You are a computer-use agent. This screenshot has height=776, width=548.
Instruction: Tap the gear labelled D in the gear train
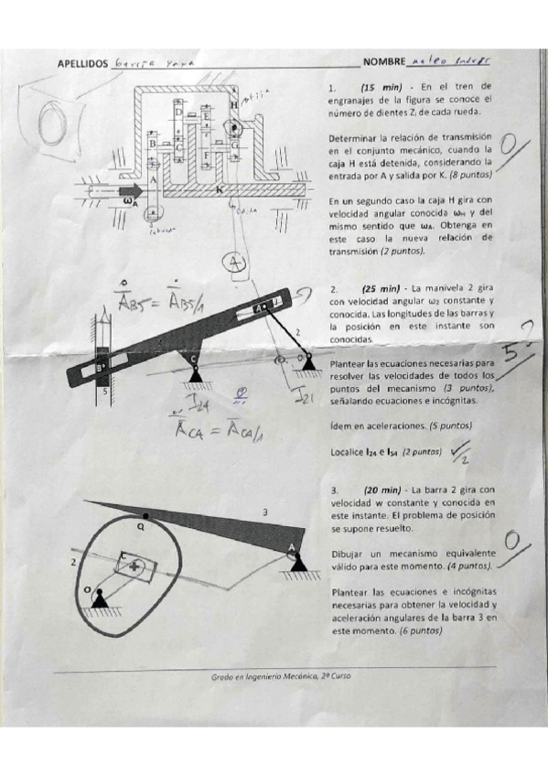[x=179, y=111]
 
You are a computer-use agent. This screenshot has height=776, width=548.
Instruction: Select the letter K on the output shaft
[x=220, y=189]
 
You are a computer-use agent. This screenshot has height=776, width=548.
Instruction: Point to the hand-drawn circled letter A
[x=237, y=262]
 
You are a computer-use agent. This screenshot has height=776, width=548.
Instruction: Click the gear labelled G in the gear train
[x=236, y=145]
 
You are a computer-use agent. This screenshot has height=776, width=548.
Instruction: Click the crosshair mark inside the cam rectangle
[x=137, y=567]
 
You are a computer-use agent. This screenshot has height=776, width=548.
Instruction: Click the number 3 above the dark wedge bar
[x=265, y=512]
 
